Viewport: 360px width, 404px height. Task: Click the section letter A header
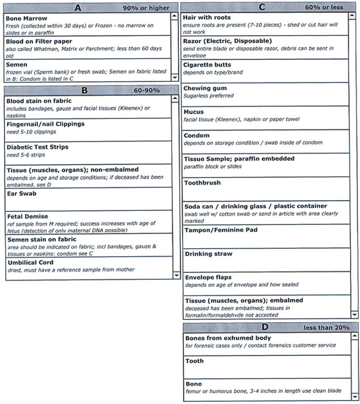[x=78, y=8]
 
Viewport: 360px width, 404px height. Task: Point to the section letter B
[x=81, y=90]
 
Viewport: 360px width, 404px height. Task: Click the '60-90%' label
[x=147, y=90]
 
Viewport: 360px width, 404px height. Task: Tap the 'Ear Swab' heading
[x=22, y=193]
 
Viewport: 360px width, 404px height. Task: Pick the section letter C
[x=262, y=7]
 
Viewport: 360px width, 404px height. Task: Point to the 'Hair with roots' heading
[x=207, y=18]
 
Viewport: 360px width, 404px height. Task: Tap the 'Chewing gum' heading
[x=205, y=88]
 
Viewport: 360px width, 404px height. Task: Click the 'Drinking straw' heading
[x=209, y=254]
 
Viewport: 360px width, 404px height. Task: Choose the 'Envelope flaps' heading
[x=208, y=277]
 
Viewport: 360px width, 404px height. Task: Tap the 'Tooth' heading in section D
[x=194, y=361]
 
